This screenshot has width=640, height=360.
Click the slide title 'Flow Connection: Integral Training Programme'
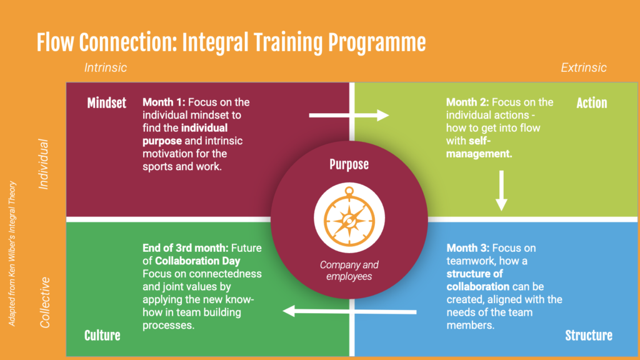coord(231,43)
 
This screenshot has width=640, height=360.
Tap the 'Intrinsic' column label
coord(105,67)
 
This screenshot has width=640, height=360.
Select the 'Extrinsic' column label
coord(584,67)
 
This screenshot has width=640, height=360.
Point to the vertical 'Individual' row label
coord(43,164)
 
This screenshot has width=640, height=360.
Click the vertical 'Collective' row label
coord(44,302)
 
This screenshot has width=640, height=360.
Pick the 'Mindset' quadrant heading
coord(106,103)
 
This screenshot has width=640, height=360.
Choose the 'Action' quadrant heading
coord(591,103)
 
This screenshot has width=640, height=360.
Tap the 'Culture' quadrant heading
coord(102,336)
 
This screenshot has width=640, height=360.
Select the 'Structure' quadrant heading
coord(589,336)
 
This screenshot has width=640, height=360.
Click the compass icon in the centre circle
coord(349,217)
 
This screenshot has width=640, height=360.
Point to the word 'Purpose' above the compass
coord(349,164)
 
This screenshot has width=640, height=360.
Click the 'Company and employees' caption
coord(349,270)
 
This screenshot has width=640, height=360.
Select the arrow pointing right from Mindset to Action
coord(349,116)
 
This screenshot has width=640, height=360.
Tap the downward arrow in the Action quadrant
coord(501,191)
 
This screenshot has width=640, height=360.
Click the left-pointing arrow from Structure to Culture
coord(349,311)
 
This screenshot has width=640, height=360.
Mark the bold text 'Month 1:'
coord(164,102)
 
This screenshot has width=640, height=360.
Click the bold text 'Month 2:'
coord(467,102)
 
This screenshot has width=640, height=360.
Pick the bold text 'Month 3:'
coord(467,247)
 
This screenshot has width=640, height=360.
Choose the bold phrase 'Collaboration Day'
coord(197,261)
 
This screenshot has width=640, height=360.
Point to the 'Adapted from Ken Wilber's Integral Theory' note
coord(12,254)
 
